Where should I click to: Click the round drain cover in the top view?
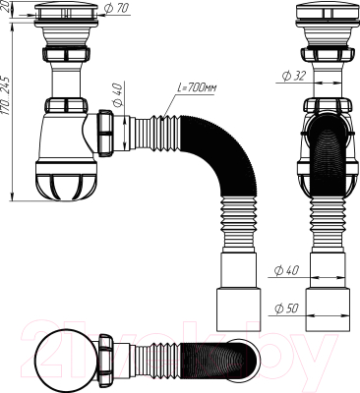tap(63, 355)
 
